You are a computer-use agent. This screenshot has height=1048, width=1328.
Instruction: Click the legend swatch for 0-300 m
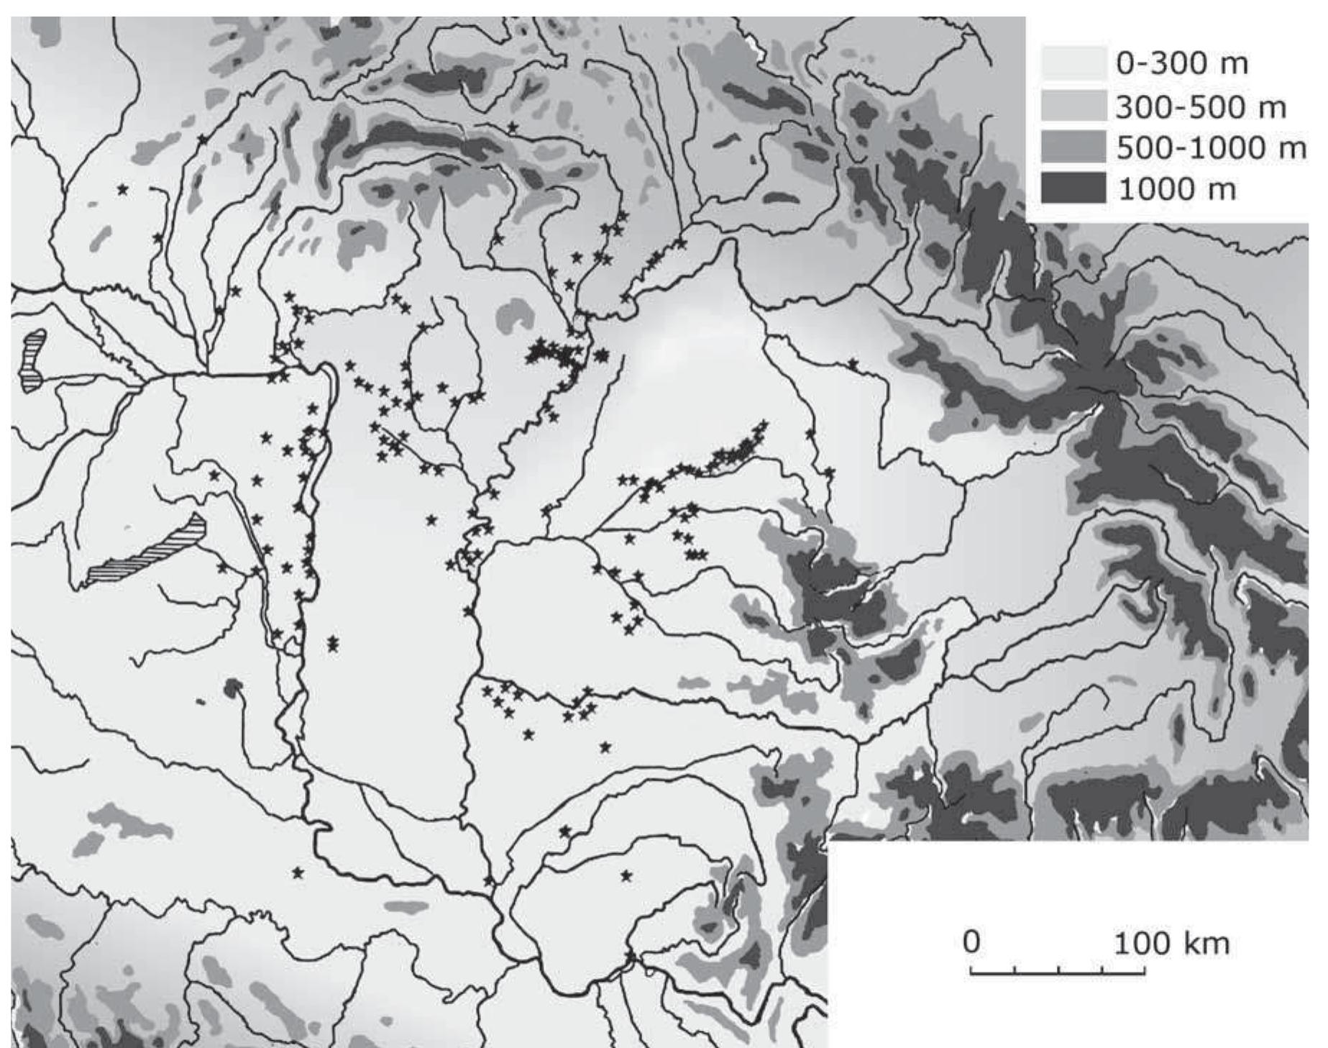1073,63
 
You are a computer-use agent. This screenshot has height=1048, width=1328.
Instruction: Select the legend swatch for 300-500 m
1073,106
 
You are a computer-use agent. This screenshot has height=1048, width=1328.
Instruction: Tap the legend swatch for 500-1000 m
1073,147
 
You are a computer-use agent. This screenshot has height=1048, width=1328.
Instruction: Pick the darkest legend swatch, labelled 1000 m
1073,189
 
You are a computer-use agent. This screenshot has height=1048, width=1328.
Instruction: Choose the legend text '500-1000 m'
1210,148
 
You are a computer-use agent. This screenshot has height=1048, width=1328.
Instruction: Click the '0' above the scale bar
971,942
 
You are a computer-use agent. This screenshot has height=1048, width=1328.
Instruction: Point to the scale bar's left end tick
971,970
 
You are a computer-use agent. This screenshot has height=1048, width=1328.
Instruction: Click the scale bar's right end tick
1145,970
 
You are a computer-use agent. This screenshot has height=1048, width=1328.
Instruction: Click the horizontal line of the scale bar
1057,975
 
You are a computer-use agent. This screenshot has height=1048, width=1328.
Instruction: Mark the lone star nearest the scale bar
626,875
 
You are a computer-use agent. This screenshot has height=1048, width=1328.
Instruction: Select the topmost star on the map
513,127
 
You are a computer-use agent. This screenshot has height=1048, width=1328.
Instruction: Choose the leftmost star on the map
123,189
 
